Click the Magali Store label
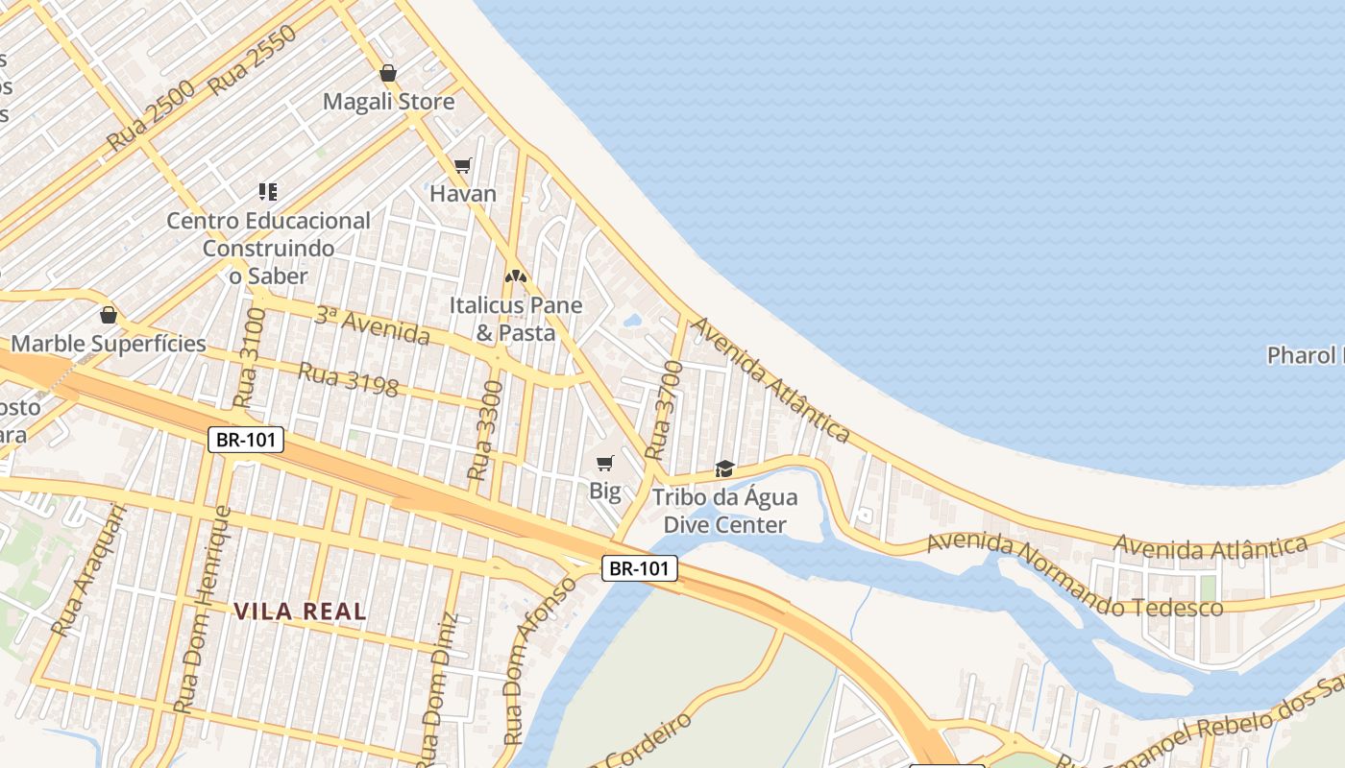(x=388, y=101)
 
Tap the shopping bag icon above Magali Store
(x=388, y=73)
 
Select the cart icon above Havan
(x=463, y=166)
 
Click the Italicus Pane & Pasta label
(x=516, y=319)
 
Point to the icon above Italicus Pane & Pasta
(x=516, y=276)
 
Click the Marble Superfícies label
(x=109, y=344)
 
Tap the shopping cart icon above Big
(x=604, y=465)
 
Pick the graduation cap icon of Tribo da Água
(x=724, y=468)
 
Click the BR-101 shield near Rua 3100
(x=246, y=440)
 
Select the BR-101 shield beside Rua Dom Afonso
(x=640, y=568)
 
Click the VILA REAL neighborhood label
(x=301, y=611)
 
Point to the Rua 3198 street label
(x=348, y=379)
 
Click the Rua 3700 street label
(x=663, y=411)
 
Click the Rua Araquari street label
(x=88, y=572)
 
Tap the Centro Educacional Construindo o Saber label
(x=268, y=248)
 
